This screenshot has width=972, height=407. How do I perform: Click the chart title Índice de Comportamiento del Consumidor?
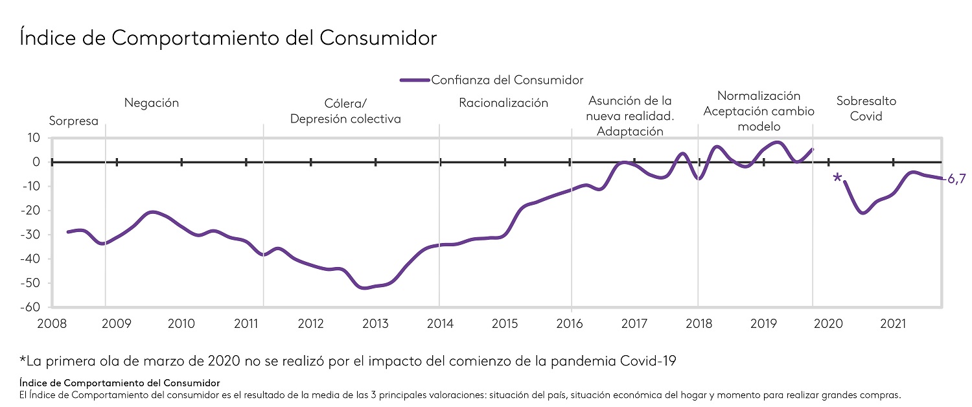[x=228, y=38]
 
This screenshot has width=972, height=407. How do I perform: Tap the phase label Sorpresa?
[x=74, y=121]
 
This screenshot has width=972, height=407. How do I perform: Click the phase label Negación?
[x=151, y=103]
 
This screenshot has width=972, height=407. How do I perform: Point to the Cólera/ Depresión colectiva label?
[x=345, y=111]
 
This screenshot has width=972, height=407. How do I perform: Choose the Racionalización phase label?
[x=503, y=103]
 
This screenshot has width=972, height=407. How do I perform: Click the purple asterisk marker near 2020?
[x=837, y=178]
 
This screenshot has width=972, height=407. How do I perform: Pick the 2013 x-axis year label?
[x=375, y=323]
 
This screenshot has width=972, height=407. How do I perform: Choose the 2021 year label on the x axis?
[x=894, y=323]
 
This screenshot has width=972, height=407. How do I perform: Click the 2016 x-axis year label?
[x=570, y=323]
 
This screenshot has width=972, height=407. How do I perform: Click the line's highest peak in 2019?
[x=778, y=142]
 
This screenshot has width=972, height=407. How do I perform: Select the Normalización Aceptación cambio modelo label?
[x=758, y=111]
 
